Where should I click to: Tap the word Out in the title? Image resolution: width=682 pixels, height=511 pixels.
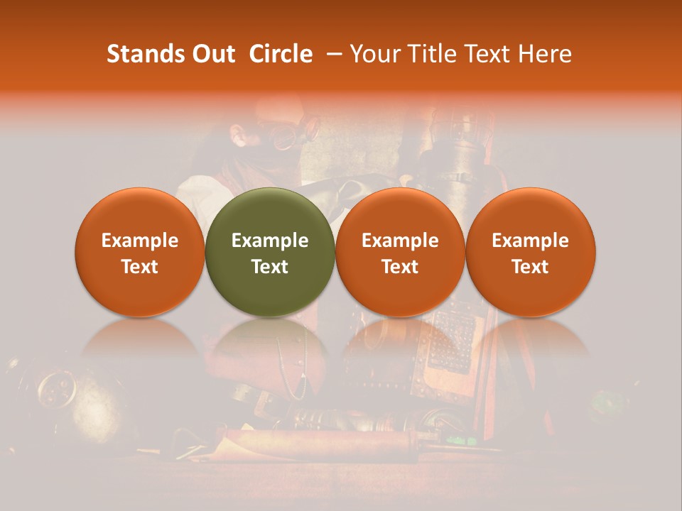[x=212, y=54]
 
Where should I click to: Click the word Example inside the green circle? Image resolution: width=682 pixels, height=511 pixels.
[x=270, y=241]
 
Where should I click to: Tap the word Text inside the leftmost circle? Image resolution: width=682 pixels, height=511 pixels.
[x=139, y=267]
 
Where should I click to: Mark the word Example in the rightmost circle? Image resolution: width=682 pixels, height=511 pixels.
[x=530, y=241]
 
